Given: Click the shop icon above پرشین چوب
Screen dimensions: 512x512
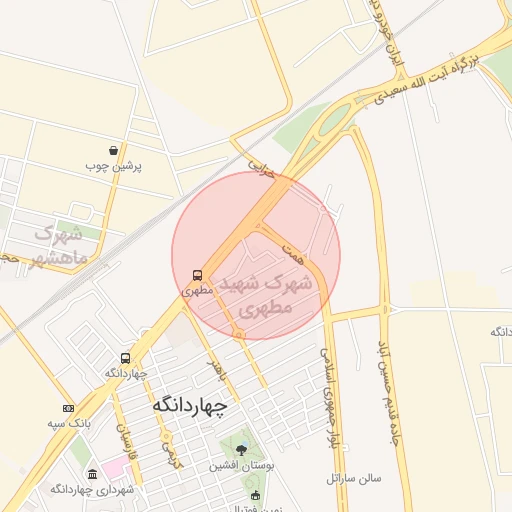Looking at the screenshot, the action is click(x=114, y=151).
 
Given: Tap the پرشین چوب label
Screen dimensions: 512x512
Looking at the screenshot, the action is click(x=114, y=166).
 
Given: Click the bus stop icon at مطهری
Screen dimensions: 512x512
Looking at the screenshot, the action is click(x=197, y=274).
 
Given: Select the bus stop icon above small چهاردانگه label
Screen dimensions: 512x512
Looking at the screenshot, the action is click(x=126, y=358).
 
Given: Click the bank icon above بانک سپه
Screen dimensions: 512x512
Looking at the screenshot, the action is click(x=68, y=408).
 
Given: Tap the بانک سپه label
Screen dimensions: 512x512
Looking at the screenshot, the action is click(x=69, y=423).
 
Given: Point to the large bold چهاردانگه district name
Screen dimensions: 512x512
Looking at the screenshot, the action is click(x=190, y=406).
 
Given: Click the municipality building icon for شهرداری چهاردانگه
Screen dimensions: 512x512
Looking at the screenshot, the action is click(x=93, y=474).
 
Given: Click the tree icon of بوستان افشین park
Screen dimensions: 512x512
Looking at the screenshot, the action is click(x=240, y=450).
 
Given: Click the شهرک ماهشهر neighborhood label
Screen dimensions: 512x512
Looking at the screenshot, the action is click(x=56, y=245).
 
